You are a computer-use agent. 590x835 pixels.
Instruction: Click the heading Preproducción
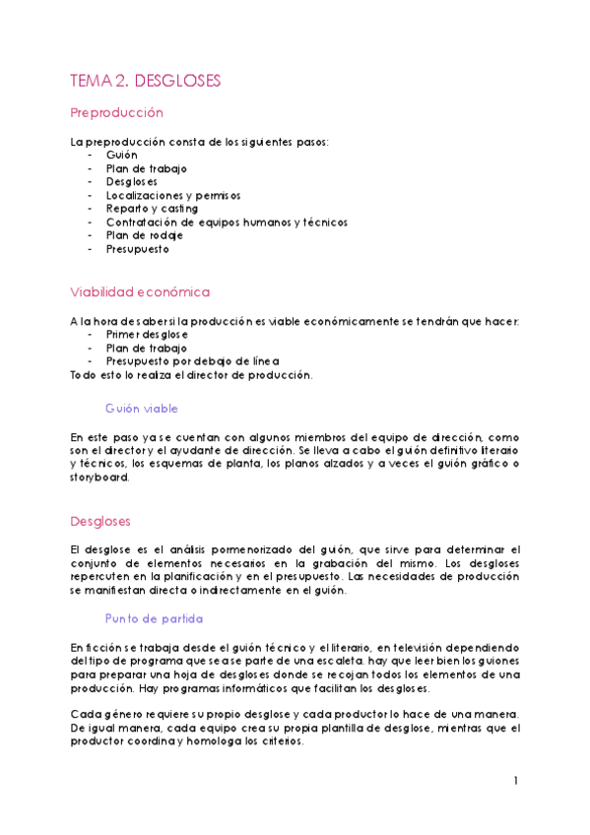[116, 113]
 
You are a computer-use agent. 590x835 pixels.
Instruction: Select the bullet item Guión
[122, 155]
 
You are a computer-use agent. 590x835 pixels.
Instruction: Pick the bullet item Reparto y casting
[152, 209]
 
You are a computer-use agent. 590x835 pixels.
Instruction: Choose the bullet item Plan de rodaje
[145, 235]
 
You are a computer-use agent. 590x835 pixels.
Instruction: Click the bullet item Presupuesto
[138, 249]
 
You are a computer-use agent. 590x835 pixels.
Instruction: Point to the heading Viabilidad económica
[139, 292]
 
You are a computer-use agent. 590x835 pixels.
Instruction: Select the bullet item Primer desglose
[147, 334]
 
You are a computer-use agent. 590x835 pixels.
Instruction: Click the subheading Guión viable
[141, 408]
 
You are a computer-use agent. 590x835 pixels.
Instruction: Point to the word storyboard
[99, 478]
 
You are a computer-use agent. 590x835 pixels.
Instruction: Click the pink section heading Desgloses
[100, 521]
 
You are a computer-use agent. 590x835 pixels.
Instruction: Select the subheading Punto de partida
[154, 618]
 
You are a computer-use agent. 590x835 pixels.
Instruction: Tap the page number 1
[515, 781]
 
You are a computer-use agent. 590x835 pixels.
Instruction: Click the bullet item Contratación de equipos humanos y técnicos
[227, 223]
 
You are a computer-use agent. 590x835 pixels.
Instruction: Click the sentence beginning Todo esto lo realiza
[191, 374]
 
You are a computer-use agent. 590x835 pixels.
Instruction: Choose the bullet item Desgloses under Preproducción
[132, 181]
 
